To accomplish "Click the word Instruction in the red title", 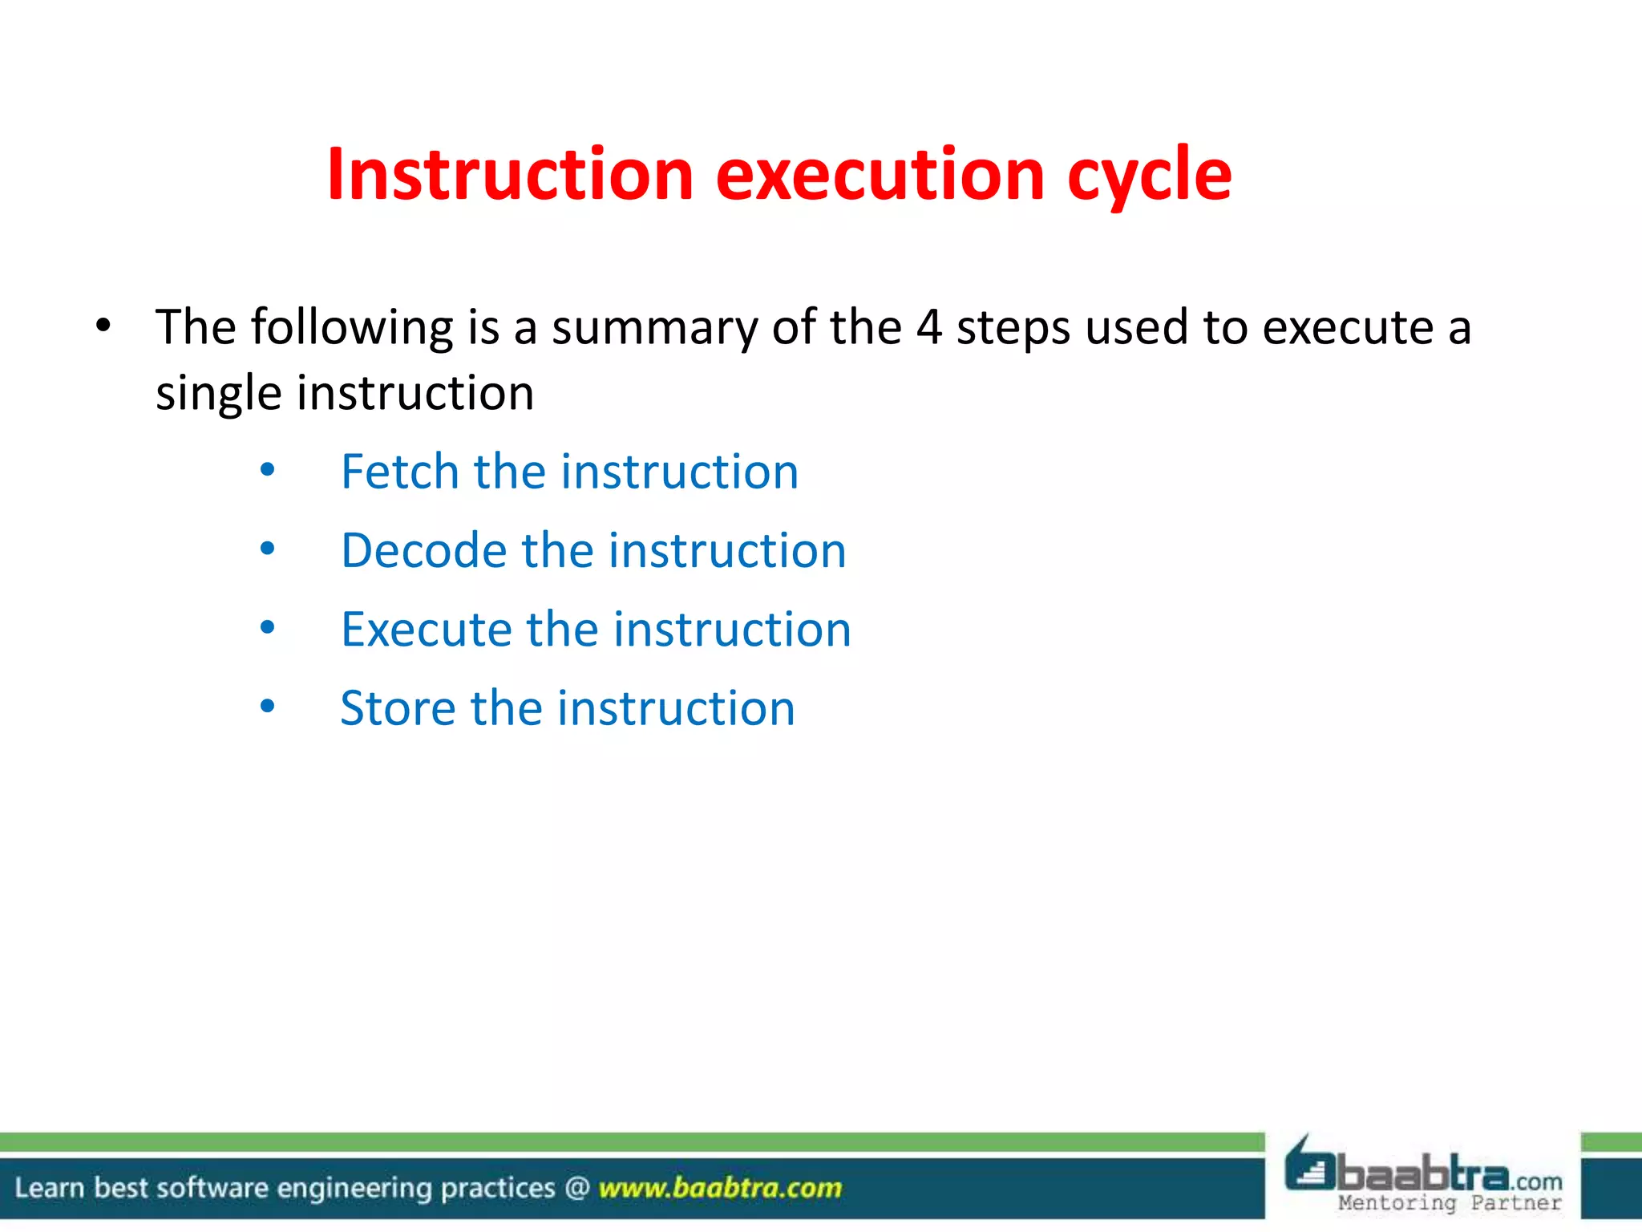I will click(x=510, y=174).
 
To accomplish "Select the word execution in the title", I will click(x=880, y=174).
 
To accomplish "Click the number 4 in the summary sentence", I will click(x=928, y=327).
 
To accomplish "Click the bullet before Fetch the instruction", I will click(x=268, y=471).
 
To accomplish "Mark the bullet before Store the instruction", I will click(x=268, y=707).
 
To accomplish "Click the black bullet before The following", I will click(x=103, y=326).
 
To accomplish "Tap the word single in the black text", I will click(x=218, y=394).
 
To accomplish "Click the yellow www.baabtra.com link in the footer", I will click(x=720, y=1187).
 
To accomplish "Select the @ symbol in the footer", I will click(x=576, y=1187).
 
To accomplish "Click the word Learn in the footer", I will click(x=50, y=1187).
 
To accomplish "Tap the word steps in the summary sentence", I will click(x=1013, y=329).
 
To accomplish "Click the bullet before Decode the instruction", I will click(x=268, y=549).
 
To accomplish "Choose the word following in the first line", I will click(x=352, y=327).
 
